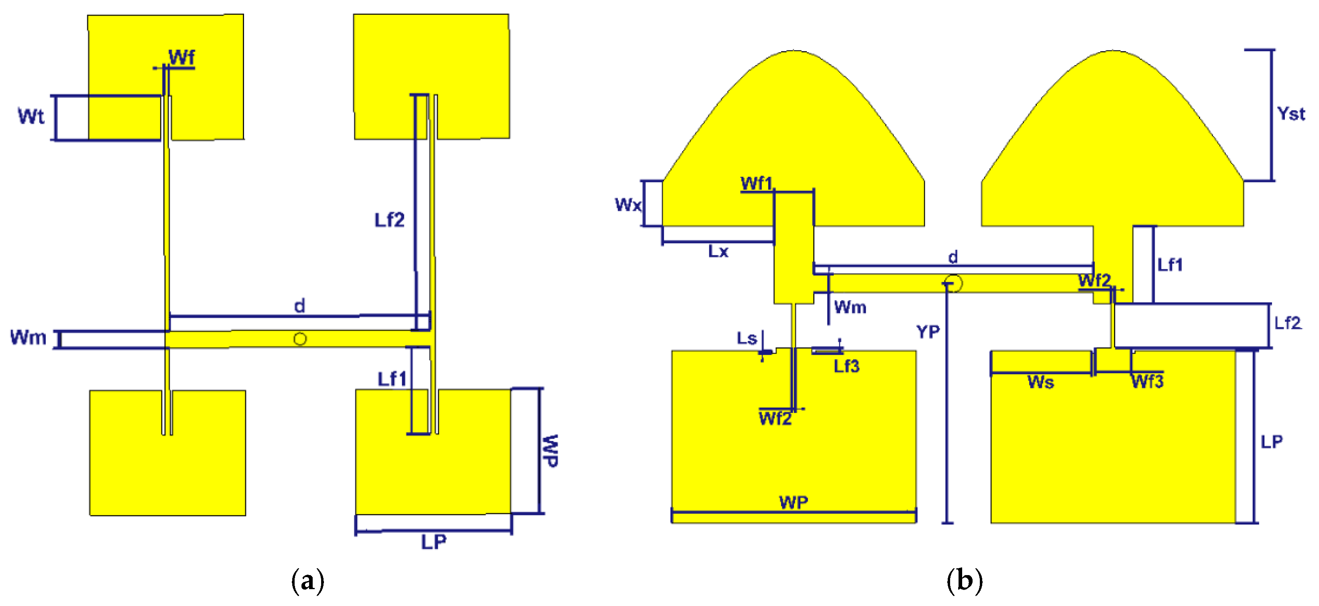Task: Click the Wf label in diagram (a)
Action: click(181, 57)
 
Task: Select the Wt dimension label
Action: click(31, 116)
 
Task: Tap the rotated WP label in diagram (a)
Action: click(550, 450)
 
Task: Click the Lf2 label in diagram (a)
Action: click(389, 220)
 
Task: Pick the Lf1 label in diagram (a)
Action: click(392, 379)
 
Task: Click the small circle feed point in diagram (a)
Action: click(300, 339)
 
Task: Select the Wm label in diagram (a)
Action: click(28, 338)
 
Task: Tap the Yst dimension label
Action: click(1291, 114)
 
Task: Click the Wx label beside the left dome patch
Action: click(628, 205)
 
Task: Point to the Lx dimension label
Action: click(718, 251)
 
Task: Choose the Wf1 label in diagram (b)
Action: click(756, 183)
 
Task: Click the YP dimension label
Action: click(928, 332)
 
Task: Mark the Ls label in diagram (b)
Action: click(747, 338)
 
